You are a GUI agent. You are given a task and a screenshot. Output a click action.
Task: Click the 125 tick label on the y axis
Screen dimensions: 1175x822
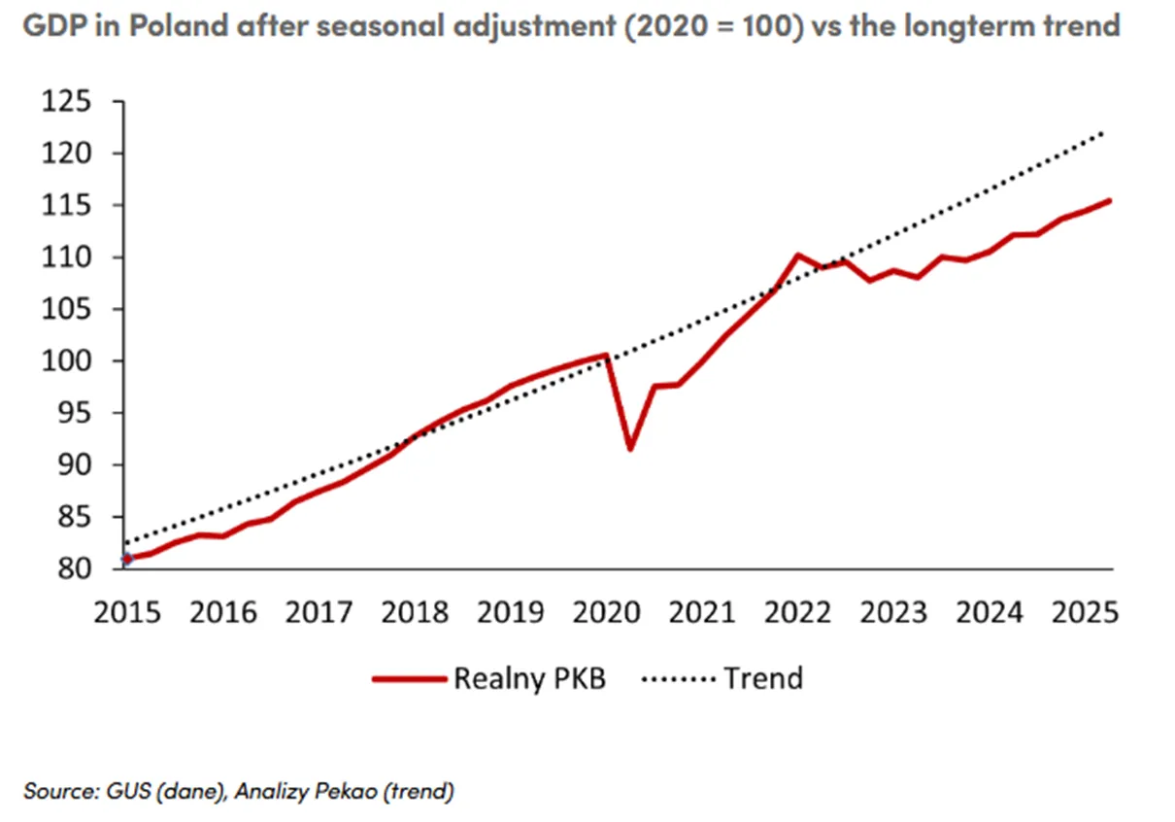pyautogui.click(x=66, y=101)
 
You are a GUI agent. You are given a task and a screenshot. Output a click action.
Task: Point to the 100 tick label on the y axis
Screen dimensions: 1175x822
pyautogui.click(x=66, y=361)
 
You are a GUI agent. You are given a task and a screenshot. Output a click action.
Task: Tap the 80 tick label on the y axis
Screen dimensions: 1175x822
pyautogui.click(x=74, y=568)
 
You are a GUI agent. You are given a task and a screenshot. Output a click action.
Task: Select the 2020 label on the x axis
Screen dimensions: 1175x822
pyautogui.click(x=606, y=612)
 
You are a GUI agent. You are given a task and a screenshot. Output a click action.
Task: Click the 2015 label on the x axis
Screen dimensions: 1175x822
pyautogui.click(x=127, y=612)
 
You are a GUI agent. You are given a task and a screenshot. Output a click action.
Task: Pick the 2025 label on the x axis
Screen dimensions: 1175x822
pyautogui.click(x=1086, y=612)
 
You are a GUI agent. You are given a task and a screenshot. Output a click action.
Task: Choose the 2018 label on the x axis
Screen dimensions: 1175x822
pyautogui.click(x=415, y=612)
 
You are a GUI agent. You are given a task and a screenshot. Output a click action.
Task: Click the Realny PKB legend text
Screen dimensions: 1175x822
pyautogui.click(x=530, y=679)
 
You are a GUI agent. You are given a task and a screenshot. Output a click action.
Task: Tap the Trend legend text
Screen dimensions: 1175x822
pyautogui.click(x=763, y=677)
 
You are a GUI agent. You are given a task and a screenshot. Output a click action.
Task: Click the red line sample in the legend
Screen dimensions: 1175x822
pyautogui.click(x=409, y=679)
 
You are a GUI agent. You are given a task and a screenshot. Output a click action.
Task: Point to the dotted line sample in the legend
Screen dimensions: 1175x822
pyautogui.click(x=679, y=679)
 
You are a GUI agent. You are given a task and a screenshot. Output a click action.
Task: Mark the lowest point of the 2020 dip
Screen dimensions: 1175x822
pyautogui.click(x=630, y=449)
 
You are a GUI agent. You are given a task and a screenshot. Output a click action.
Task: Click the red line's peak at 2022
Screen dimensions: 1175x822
pyautogui.click(x=797, y=256)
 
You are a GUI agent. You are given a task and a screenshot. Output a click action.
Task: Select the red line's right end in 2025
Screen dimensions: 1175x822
pyautogui.click(x=1109, y=200)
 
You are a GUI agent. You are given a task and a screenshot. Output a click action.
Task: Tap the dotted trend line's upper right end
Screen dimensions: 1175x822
pyautogui.click(x=1102, y=133)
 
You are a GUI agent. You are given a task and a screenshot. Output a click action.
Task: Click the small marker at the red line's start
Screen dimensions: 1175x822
pyautogui.click(x=127, y=559)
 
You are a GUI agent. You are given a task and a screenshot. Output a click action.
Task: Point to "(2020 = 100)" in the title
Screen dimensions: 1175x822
pyautogui.click(x=714, y=25)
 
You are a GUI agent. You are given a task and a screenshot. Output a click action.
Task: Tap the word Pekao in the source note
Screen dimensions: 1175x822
pyautogui.click(x=346, y=791)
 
